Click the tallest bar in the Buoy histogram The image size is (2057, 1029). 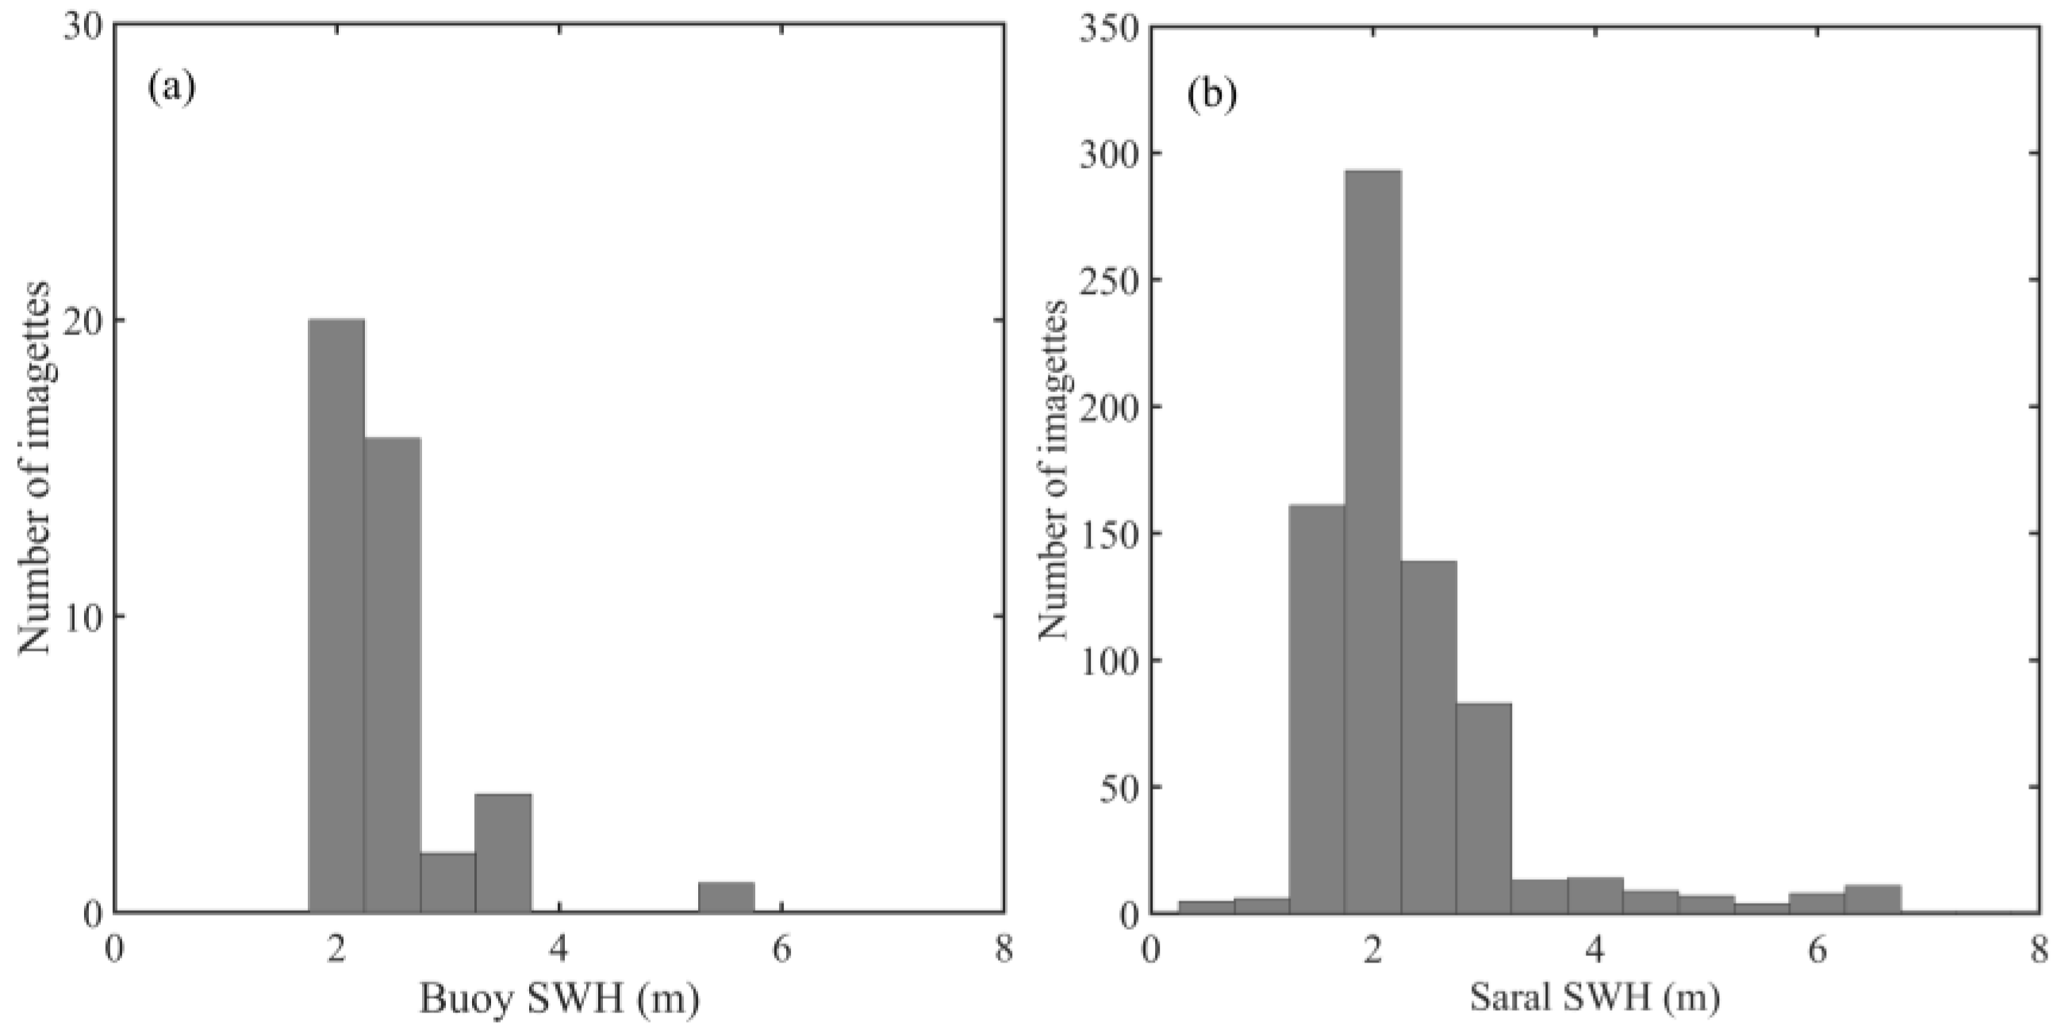click(x=336, y=614)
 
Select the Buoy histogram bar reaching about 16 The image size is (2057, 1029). click(x=392, y=675)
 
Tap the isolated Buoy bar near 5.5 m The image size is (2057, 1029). click(x=726, y=897)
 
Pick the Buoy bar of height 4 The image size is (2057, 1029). click(x=503, y=852)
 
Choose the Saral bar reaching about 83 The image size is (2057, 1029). click(x=1483, y=807)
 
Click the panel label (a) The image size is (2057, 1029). click(x=171, y=88)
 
